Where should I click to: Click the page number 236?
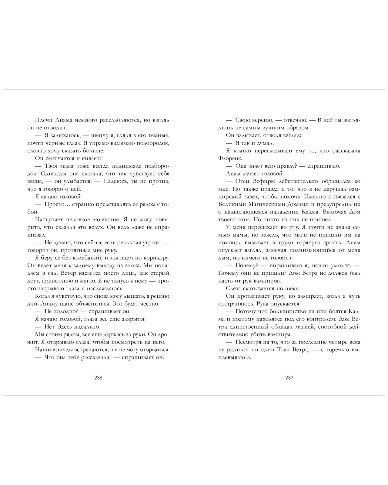pyautogui.click(x=99, y=378)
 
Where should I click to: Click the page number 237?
pyautogui.click(x=289, y=378)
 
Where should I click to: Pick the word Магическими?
pyautogui.click(x=268, y=204)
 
